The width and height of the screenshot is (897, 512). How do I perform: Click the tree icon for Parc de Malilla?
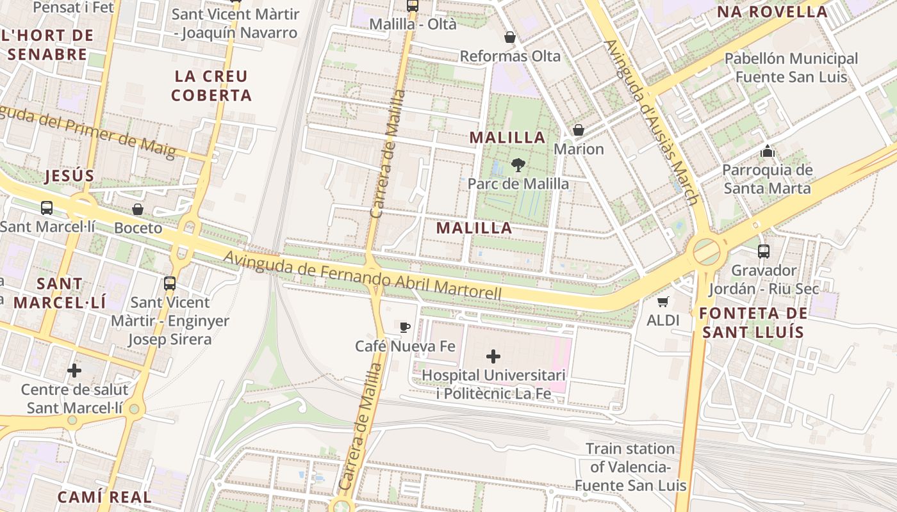click(518, 165)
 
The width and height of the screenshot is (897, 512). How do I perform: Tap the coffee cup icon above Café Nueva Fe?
click(405, 328)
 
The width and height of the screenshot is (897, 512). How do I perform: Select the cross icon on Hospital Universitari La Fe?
click(493, 356)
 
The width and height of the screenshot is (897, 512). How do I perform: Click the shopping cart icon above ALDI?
click(662, 301)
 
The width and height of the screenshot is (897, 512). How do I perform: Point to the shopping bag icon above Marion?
click(579, 131)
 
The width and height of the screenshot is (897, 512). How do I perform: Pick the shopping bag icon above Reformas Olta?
click(510, 38)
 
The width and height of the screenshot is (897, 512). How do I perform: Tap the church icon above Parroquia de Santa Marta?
click(767, 152)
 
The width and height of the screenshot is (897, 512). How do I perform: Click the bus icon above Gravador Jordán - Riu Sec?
click(763, 252)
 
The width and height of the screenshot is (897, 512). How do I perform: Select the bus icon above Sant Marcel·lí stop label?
click(47, 208)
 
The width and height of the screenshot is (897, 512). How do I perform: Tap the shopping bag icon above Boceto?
click(138, 209)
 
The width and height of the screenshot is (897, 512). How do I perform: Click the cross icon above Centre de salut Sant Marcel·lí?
click(74, 371)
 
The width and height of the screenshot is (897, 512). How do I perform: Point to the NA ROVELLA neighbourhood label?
click(772, 12)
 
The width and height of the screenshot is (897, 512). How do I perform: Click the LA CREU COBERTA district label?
click(211, 86)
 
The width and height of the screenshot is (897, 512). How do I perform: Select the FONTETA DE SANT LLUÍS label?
click(753, 323)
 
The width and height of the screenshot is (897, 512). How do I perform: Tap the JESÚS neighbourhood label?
click(70, 176)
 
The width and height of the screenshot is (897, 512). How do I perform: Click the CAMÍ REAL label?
click(104, 497)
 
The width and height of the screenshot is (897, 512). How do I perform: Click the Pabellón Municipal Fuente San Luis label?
click(791, 68)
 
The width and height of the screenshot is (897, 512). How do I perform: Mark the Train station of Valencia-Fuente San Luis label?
click(630, 467)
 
